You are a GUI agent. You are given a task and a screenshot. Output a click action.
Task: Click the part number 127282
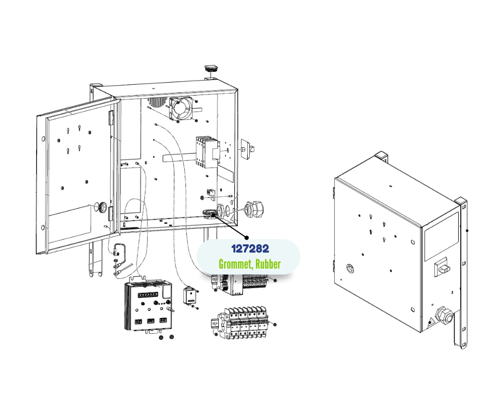250,249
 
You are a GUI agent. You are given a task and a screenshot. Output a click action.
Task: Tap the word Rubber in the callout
268,264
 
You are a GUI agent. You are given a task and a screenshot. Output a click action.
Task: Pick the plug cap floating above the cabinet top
211,68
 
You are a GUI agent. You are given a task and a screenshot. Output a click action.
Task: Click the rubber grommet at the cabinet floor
210,212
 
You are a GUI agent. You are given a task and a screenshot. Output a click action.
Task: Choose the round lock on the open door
102,207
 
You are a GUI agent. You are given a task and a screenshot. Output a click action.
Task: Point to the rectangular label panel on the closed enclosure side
441,235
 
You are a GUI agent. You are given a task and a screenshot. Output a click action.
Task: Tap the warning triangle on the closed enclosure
430,323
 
